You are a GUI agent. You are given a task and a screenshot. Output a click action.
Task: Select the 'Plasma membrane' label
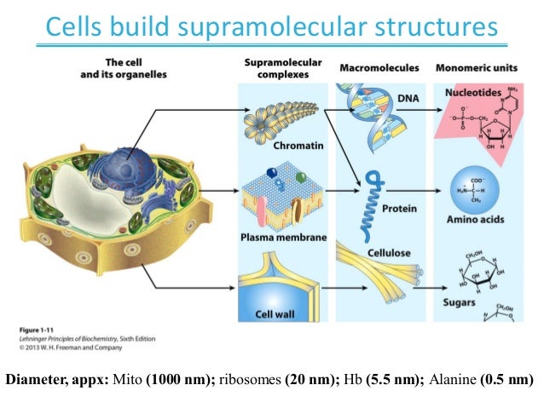coord(284,237)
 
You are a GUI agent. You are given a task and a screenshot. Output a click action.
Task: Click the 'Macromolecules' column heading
coord(379,67)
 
